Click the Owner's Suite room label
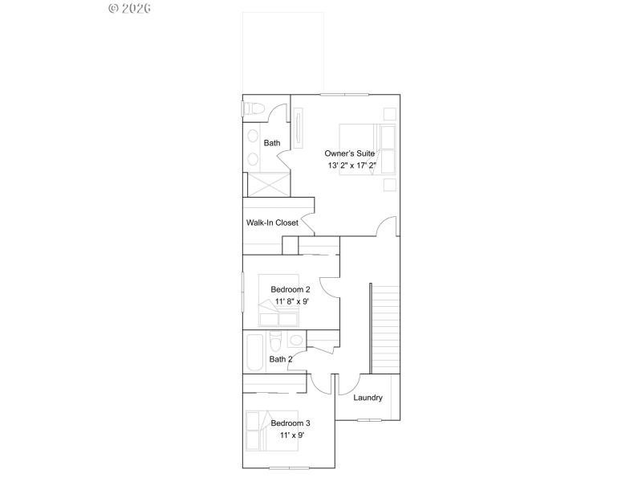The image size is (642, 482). click(350, 153)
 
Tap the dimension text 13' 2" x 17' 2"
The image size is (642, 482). click(351, 165)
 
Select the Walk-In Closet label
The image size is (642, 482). click(273, 223)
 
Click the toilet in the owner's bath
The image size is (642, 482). click(256, 108)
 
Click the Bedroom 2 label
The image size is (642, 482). click(291, 289)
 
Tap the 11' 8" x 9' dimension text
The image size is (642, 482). click(290, 301)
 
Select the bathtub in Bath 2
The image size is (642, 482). click(255, 351)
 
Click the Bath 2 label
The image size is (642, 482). click(280, 359)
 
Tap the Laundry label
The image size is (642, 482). click(368, 398)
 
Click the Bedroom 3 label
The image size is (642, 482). click(291, 423)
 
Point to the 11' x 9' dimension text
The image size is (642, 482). click(291, 435)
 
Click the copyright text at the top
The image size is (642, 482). click(129, 8)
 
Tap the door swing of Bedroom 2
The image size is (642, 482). click(329, 288)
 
